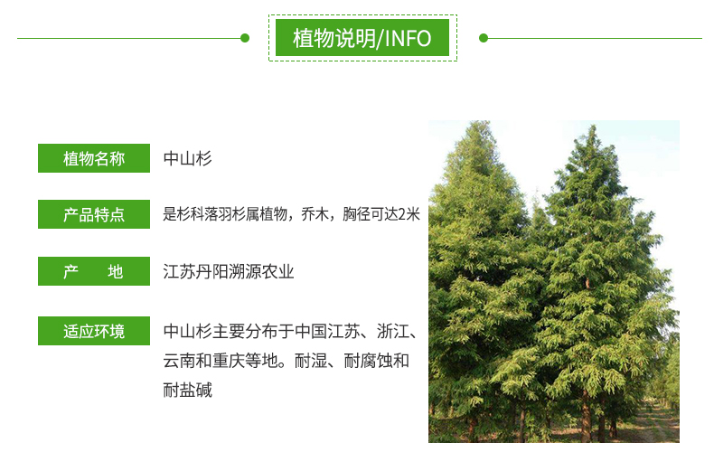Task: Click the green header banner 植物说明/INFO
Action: [362, 38]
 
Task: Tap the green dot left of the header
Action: [245, 38]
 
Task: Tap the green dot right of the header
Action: [484, 38]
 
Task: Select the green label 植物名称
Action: [94, 158]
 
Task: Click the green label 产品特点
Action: [94, 214]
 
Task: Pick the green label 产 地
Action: [94, 271]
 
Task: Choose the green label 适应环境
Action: [94, 331]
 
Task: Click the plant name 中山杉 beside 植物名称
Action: [188, 158]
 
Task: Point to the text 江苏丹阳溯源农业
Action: [229, 271]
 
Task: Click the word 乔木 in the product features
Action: [315, 214]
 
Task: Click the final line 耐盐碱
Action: [188, 391]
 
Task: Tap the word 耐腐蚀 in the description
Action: [369, 361]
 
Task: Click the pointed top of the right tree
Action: [592, 126]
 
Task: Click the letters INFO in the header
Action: [408, 38]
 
